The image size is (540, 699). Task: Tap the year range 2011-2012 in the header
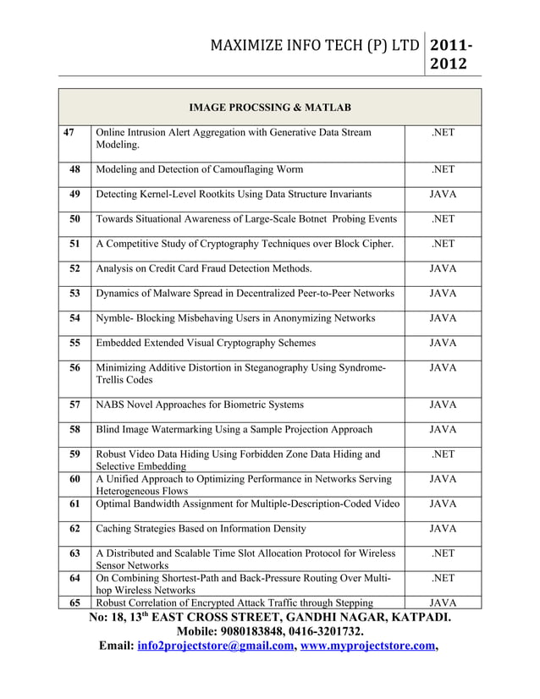[452, 53]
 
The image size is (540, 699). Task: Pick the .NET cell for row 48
[443, 170]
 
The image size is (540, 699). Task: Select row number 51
[74, 245]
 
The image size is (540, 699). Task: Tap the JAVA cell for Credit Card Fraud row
[443, 269]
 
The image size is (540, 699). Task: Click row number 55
[74, 343]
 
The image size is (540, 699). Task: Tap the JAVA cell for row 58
[443, 430]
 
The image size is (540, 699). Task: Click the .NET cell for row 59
[443, 454]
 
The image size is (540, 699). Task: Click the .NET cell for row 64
[443, 579]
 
